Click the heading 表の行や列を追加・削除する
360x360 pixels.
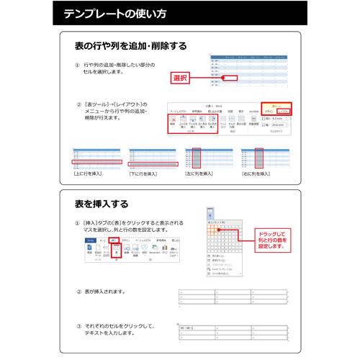[x=130, y=45]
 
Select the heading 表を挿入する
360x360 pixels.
[x=102, y=203]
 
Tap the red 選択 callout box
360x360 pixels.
[x=180, y=77]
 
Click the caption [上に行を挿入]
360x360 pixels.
[x=88, y=174]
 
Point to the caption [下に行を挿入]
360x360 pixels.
[x=144, y=174]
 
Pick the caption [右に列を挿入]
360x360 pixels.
[x=256, y=174]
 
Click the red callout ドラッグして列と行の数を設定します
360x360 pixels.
[x=271, y=240]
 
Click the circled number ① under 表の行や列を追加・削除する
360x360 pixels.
[x=77, y=66]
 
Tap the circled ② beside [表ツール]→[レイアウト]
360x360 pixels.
[x=78, y=104]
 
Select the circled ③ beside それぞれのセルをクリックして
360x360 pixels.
[x=78, y=325]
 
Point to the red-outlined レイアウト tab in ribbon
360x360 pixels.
[x=284, y=111]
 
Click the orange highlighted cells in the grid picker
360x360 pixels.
[x=214, y=230]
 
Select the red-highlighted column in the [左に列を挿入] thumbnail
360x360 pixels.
[x=197, y=159]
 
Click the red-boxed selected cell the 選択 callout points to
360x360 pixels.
[x=230, y=76]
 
